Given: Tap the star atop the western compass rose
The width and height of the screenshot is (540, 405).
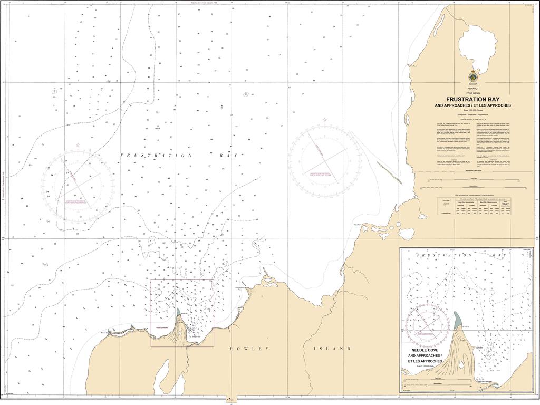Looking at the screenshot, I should pyautogui.click(x=78, y=144).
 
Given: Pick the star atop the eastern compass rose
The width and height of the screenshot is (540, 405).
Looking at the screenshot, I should pyautogui.click(x=324, y=119).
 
